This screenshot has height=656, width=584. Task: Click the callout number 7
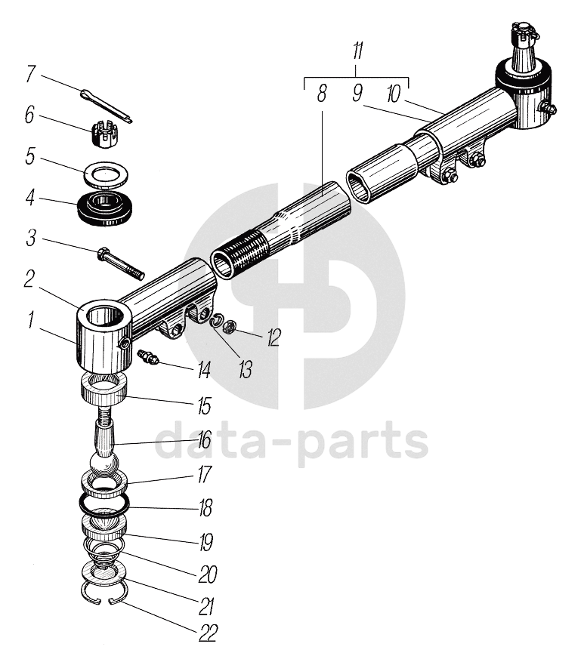click(31, 74)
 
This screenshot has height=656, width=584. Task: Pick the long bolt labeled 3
click(120, 261)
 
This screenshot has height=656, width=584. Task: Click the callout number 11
click(357, 53)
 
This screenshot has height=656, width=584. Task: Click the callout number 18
click(205, 507)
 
